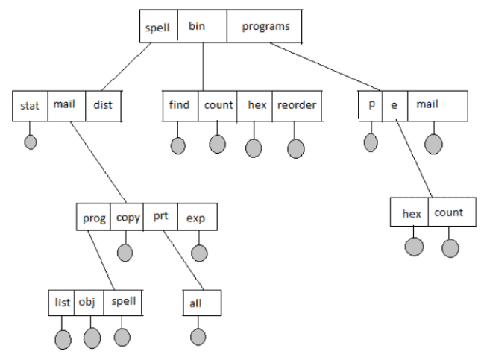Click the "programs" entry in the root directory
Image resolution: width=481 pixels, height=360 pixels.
(x=265, y=26)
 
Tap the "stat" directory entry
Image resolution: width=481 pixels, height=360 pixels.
(x=30, y=106)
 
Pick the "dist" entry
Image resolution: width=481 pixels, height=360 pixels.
(x=104, y=106)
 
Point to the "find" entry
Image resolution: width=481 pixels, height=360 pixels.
(x=180, y=106)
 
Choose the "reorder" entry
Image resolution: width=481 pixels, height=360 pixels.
(x=297, y=106)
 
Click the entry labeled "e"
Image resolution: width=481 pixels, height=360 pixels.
(x=394, y=106)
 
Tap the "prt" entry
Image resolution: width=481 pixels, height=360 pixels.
(x=160, y=217)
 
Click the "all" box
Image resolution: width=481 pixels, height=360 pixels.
(x=202, y=303)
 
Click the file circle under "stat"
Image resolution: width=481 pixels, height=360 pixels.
(x=31, y=142)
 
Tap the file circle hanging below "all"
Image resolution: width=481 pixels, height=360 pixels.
(x=198, y=337)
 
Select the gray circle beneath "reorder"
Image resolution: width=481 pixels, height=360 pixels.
(x=296, y=149)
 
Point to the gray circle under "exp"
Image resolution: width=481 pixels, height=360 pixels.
(x=199, y=253)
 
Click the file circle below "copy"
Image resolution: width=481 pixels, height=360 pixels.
(x=125, y=253)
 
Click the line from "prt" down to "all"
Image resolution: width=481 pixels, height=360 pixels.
(x=183, y=260)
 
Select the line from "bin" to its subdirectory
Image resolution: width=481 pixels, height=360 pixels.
(x=203, y=66)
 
